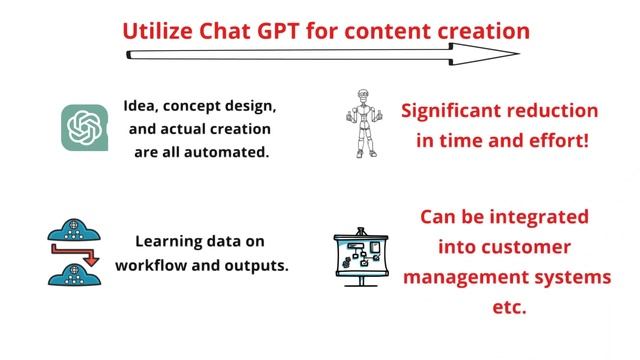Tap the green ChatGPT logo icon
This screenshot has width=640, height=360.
point(85,128)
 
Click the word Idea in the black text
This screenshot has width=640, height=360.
point(141,105)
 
